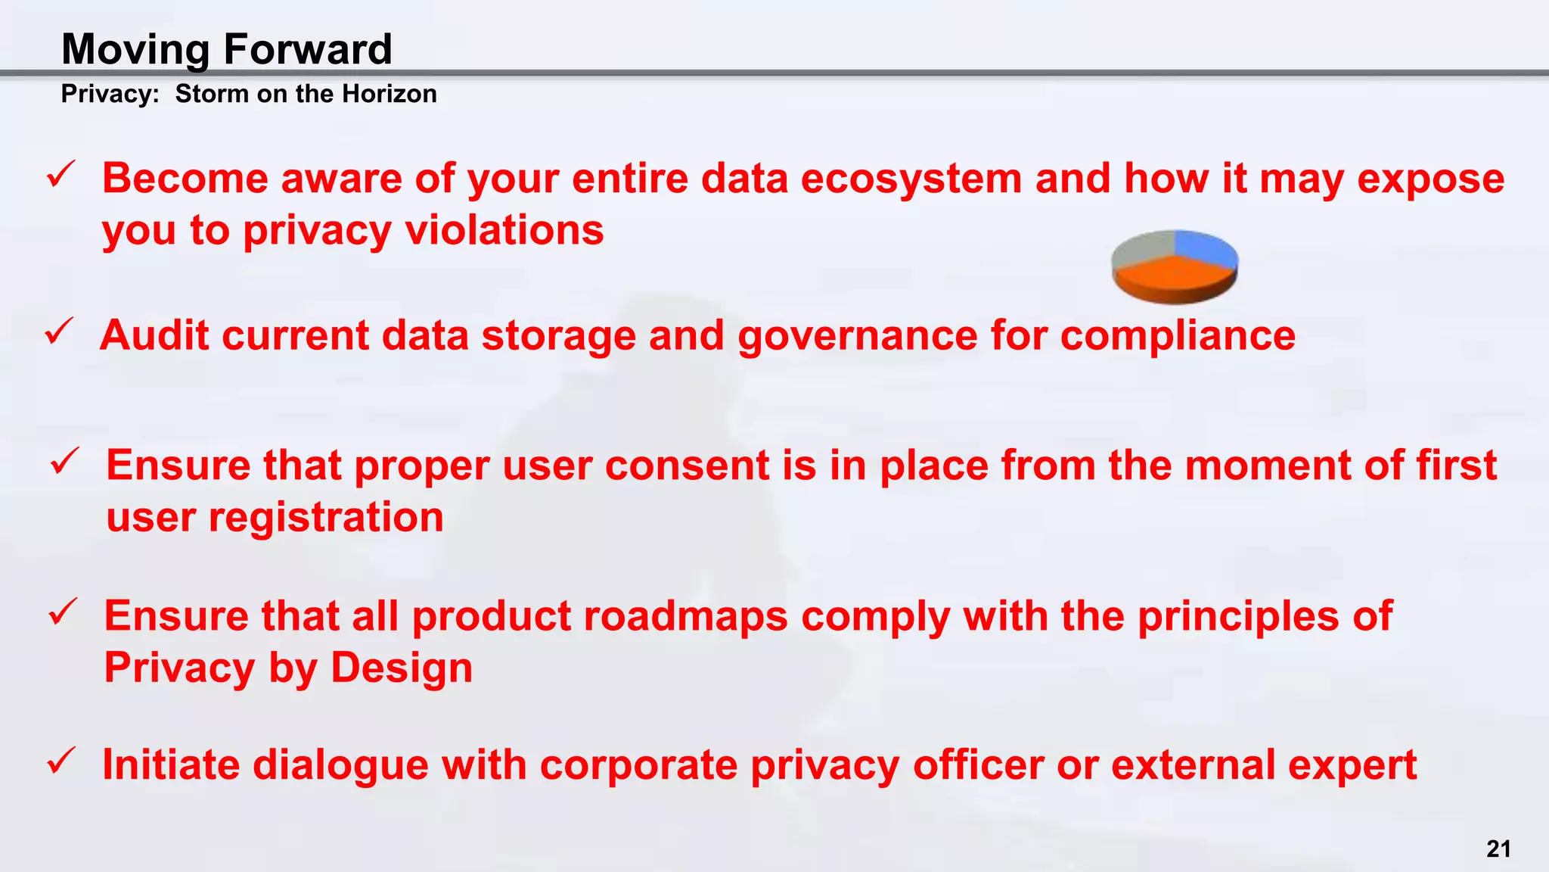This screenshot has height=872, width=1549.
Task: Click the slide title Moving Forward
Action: coord(227,49)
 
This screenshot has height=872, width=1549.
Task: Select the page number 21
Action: coord(1498,849)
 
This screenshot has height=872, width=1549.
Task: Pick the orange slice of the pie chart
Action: coord(1172,280)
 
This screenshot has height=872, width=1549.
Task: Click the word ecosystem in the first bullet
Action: coord(911,179)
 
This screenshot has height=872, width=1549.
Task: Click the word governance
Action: coord(858,335)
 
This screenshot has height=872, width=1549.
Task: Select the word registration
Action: coord(326,518)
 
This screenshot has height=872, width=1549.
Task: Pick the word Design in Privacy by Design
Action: coord(402,668)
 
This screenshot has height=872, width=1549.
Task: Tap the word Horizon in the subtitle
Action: coord(389,94)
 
